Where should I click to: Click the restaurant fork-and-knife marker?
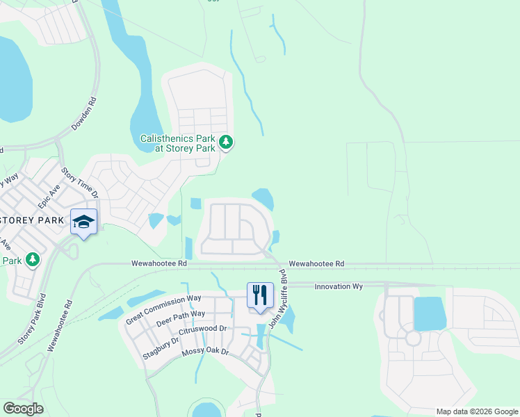260,295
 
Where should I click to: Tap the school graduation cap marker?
83,222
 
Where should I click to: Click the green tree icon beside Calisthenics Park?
225,142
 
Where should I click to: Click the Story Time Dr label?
80,183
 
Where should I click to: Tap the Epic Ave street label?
49,198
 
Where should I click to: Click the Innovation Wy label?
339,286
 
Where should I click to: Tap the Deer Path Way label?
181,319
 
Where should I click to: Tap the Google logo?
23,409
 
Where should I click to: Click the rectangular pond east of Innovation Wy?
430,314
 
